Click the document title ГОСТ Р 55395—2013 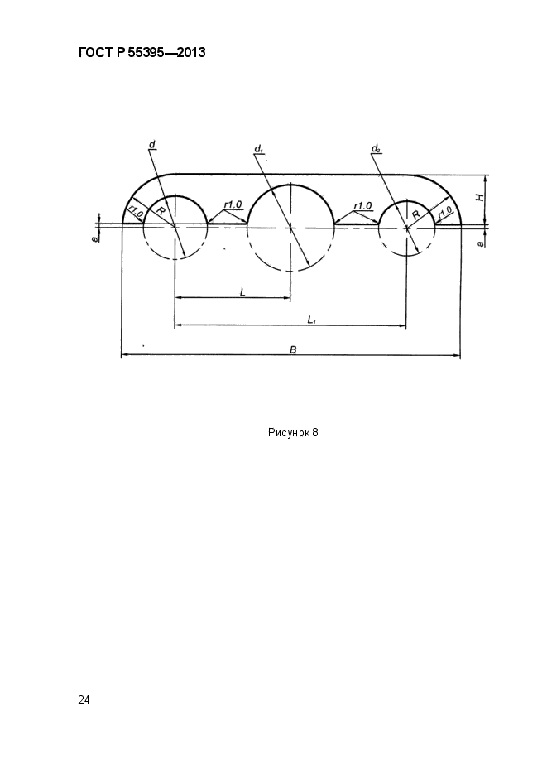pyautogui.click(x=142, y=52)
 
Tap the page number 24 pyautogui.click(x=84, y=699)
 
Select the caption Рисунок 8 pyautogui.click(x=293, y=433)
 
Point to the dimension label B pyautogui.click(x=293, y=349)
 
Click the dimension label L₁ pyautogui.click(x=312, y=320)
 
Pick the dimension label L pyautogui.click(x=242, y=293)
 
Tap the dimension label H pyautogui.click(x=479, y=197)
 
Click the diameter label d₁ pyautogui.click(x=258, y=148)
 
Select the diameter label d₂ pyautogui.click(x=376, y=147)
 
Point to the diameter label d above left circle pyautogui.click(x=152, y=144)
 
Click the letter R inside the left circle pyautogui.click(x=161, y=211)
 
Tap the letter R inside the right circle pyautogui.click(x=416, y=214)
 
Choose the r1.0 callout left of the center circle pyautogui.click(x=233, y=204)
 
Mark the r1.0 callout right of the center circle pyautogui.click(x=363, y=205)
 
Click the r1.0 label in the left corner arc pyautogui.click(x=136, y=214)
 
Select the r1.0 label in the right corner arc pyautogui.click(x=444, y=213)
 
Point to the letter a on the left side pyautogui.click(x=94, y=238)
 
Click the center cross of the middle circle pyautogui.click(x=290, y=228)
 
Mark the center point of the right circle pyautogui.click(x=406, y=228)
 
